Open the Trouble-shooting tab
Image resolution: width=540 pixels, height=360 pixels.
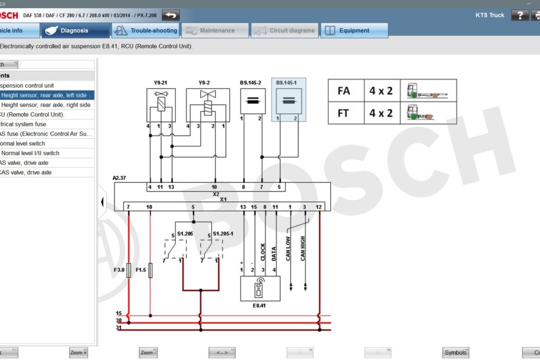(145, 31)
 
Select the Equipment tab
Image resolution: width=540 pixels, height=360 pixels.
(354, 31)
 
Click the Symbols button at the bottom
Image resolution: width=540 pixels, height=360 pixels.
(455, 352)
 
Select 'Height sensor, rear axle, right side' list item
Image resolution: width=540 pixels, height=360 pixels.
(46, 105)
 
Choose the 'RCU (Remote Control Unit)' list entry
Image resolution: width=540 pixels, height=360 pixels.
(41, 114)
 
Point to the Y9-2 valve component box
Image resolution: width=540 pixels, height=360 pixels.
(207, 105)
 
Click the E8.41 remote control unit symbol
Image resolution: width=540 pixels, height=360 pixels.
(260, 288)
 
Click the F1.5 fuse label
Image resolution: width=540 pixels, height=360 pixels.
(141, 270)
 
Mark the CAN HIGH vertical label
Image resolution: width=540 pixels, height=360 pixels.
(303, 249)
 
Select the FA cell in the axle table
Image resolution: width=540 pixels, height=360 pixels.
(344, 91)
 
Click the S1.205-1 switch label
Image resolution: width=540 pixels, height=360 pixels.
(222, 233)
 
